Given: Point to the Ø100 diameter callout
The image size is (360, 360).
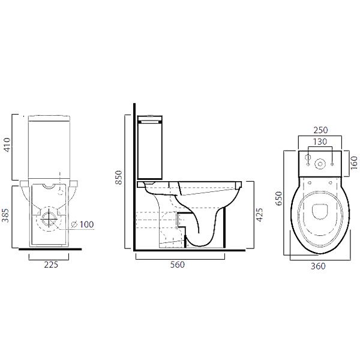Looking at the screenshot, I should pyautogui.click(x=83, y=224).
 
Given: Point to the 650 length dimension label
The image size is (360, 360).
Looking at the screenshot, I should pyautogui.click(x=278, y=199).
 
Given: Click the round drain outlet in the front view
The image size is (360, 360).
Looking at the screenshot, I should pyautogui.click(x=49, y=220).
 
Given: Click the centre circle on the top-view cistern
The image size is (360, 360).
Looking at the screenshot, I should pyautogui.click(x=319, y=162).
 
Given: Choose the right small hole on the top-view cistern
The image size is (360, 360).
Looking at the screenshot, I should pyautogui.click(x=332, y=161).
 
